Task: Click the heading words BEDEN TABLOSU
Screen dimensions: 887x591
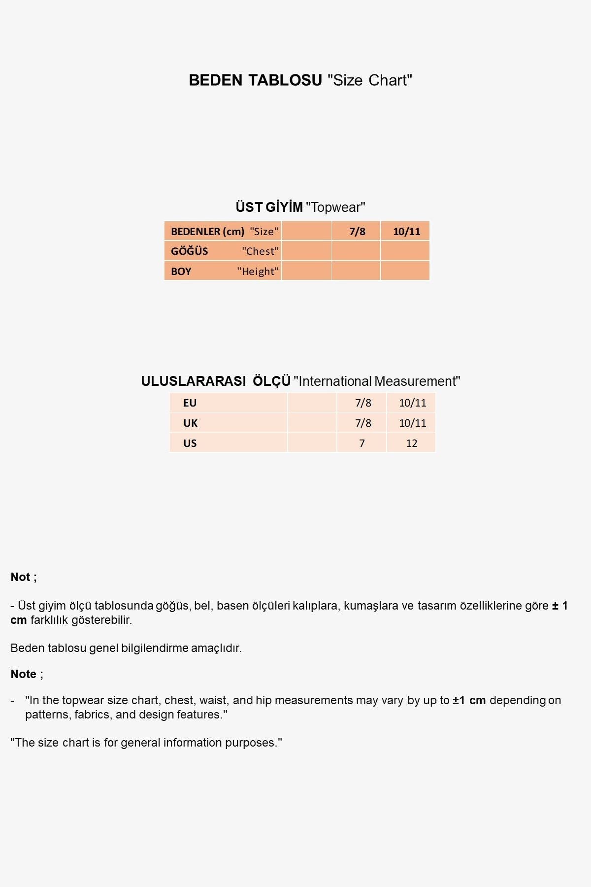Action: [255, 80]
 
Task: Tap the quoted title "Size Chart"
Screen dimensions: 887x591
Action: [370, 80]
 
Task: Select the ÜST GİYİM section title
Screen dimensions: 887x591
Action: [269, 207]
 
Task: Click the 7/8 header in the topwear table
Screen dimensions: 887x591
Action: [357, 232]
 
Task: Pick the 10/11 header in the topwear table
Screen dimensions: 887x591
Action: [406, 232]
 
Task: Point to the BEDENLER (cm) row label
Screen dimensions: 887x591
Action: [207, 232]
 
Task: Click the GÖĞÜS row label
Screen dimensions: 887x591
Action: [190, 251]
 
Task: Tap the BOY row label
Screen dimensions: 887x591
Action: [181, 272]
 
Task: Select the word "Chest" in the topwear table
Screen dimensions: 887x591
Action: [260, 251]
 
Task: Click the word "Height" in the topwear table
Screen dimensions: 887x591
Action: [258, 272]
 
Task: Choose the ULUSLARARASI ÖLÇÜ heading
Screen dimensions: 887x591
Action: [216, 381]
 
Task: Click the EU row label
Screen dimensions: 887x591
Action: [190, 403]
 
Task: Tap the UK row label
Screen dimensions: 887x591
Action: [190, 423]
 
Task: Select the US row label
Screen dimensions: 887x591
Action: [190, 443]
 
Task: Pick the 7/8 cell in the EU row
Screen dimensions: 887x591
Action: [363, 403]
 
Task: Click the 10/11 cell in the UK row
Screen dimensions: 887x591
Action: [412, 423]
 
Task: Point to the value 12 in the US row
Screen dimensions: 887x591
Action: [412, 443]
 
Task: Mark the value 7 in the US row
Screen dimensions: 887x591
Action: [362, 443]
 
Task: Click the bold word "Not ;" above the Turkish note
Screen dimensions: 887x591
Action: [24, 577]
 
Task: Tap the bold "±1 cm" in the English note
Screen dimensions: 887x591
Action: [469, 700]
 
